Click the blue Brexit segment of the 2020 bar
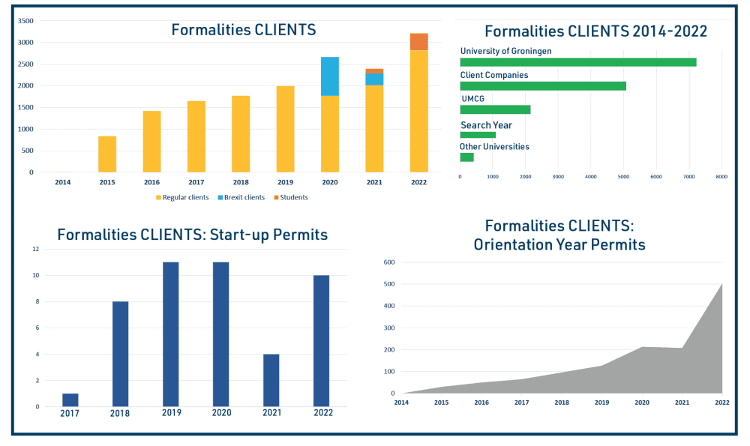(x=330, y=76)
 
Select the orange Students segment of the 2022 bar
(x=419, y=42)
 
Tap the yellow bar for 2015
(x=107, y=154)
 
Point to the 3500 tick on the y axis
(x=25, y=21)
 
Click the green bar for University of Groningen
(x=578, y=62)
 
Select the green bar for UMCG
(x=495, y=109)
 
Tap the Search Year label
(x=486, y=125)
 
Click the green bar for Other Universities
(x=466, y=157)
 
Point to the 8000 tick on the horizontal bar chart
(x=721, y=177)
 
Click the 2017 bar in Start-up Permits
(x=70, y=400)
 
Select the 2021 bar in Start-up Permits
(x=271, y=380)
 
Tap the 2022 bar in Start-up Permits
(x=321, y=340)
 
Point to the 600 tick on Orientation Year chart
(x=388, y=262)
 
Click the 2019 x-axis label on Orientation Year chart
(x=601, y=403)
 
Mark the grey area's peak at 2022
(x=721, y=285)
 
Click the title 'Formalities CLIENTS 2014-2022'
(x=595, y=31)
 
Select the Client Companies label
(x=494, y=75)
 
